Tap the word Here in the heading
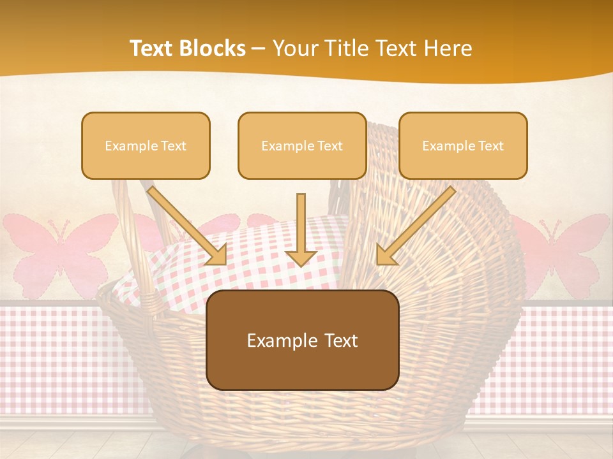(x=446, y=48)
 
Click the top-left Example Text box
(x=146, y=145)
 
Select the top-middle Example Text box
(x=302, y=145)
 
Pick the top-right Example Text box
(x=463, y=145)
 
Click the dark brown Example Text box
(x=303, y=340)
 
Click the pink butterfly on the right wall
(x=562, y=245)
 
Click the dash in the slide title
(x=259, y=48)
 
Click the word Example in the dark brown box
(x=279, y=340)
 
